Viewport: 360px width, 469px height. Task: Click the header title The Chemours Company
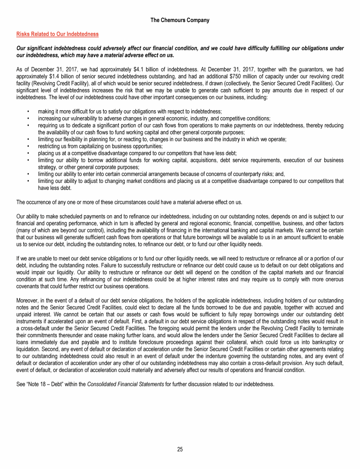coord(180,20)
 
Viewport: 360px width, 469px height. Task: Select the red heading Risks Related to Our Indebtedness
coord(57,34)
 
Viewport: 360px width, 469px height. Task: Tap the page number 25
coord(180,449)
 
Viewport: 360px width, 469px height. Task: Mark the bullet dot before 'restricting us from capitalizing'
coord(29,146)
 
